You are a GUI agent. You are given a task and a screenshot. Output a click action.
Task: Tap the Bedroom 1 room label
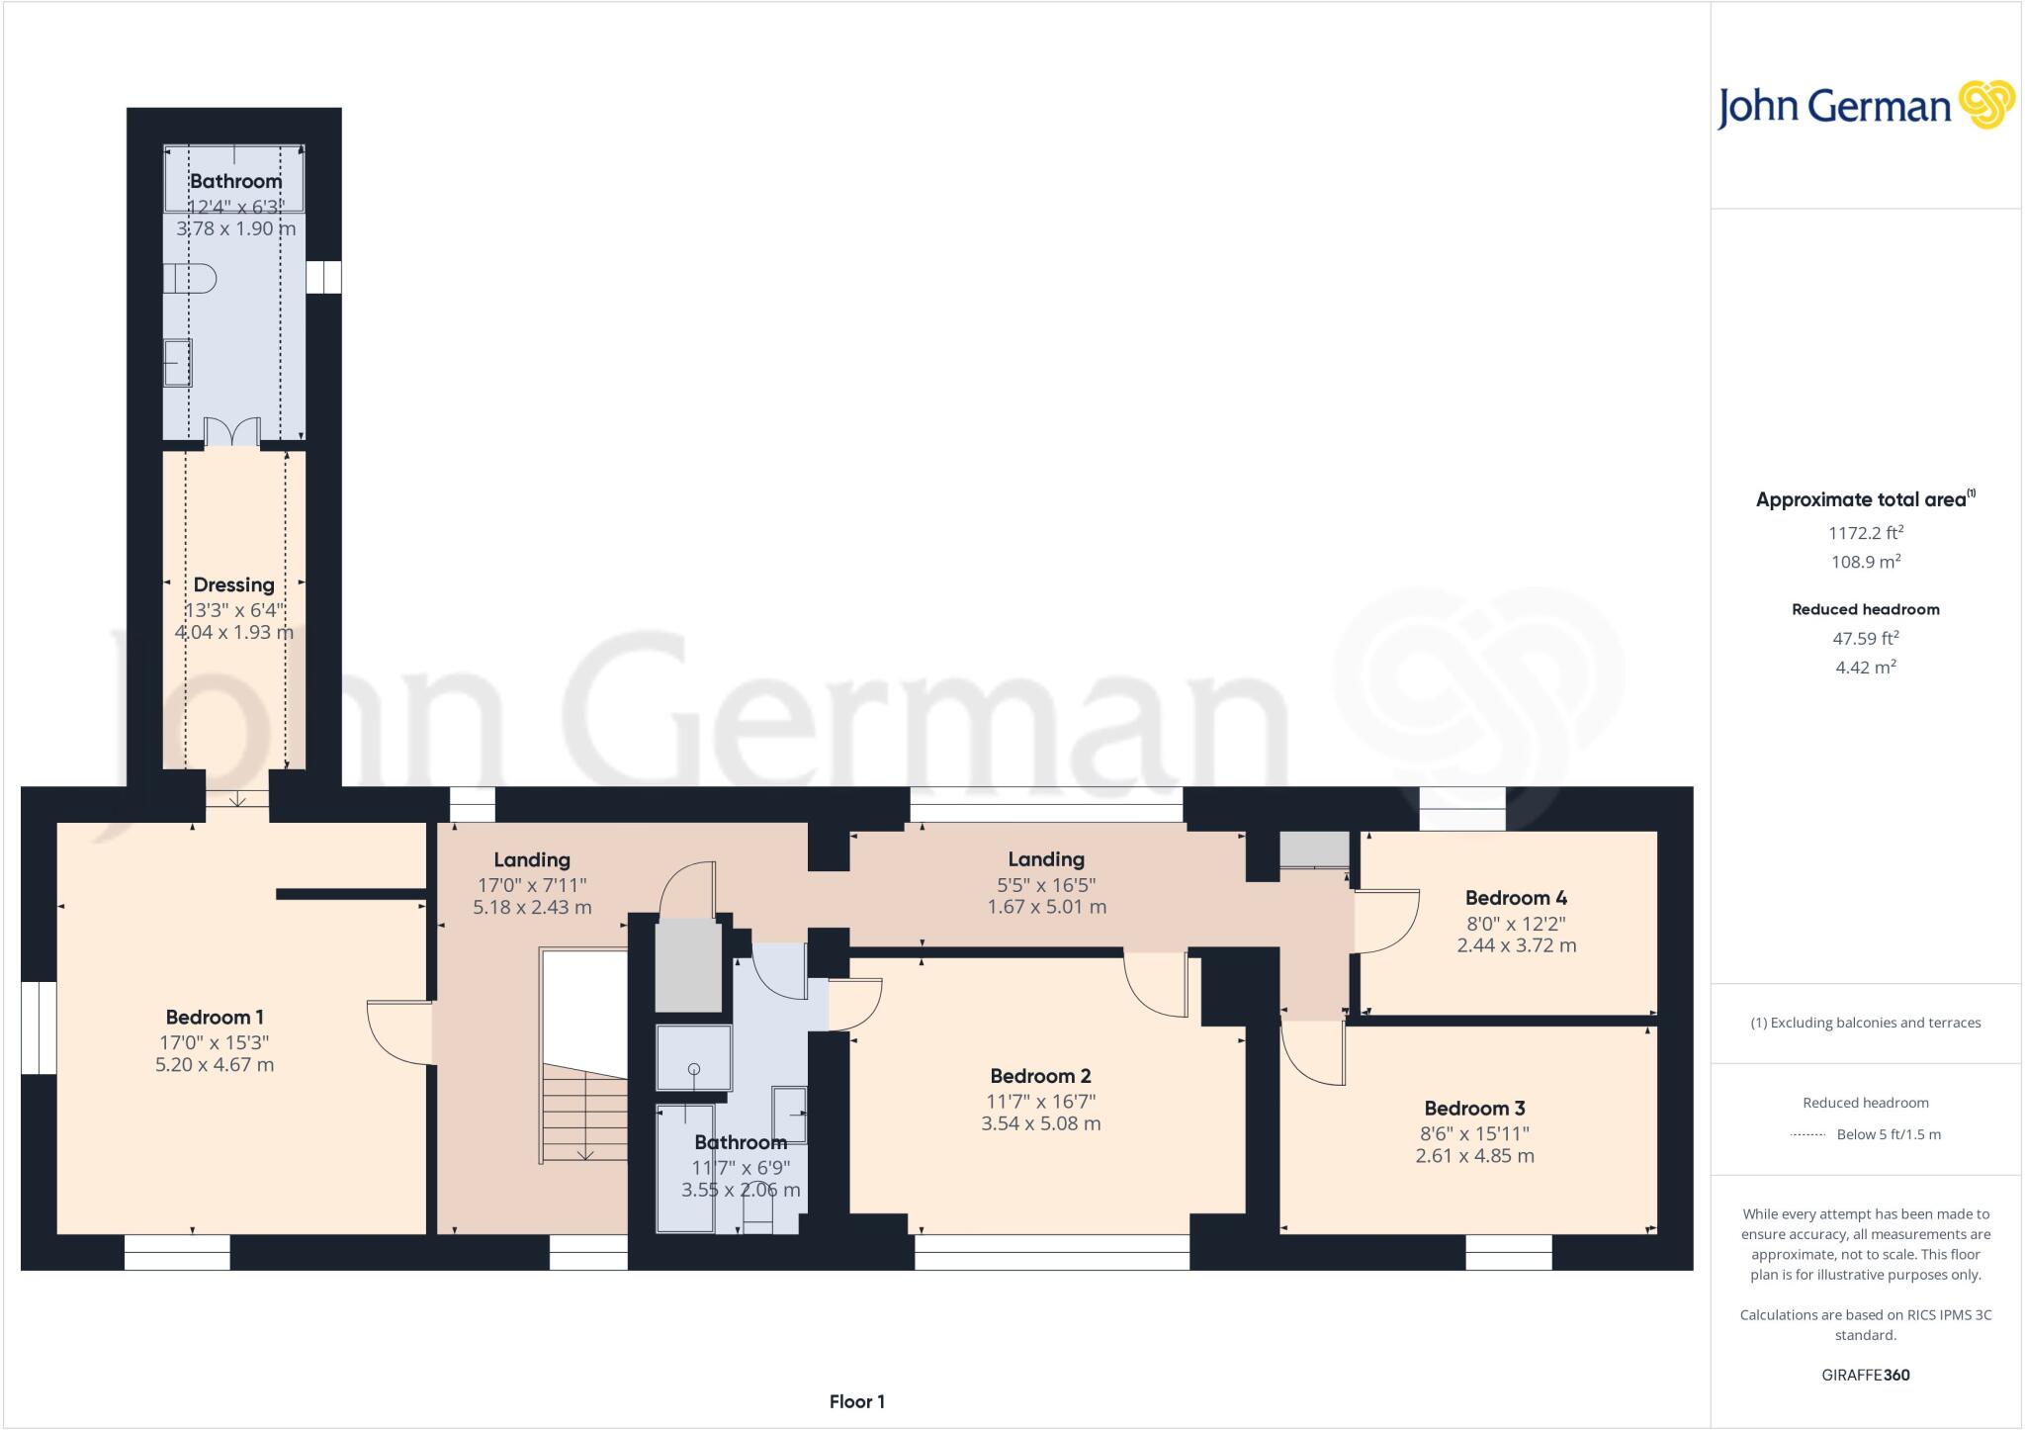215,1017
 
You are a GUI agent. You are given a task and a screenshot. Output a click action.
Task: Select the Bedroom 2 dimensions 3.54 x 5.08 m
1040,1123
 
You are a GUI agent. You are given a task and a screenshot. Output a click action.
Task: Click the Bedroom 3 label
1474,1109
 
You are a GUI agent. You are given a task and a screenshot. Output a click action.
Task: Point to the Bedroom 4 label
1515,898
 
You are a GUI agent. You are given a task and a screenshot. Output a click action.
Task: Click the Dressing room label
233,584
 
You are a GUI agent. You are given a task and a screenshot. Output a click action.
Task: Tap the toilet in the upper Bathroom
190,278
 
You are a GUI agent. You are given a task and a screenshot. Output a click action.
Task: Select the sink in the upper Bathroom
178,362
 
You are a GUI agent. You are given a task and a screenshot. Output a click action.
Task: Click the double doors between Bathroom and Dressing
232,433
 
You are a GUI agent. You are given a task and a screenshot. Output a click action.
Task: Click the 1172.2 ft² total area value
1865,533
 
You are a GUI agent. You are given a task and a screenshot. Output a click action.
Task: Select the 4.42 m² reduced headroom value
1865,668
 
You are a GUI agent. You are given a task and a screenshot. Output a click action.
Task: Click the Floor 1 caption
856,1401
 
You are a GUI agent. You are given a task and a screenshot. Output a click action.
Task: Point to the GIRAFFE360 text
1865,1375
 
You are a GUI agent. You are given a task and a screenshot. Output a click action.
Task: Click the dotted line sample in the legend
1807,1135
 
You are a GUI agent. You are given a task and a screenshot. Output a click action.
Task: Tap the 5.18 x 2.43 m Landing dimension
532,907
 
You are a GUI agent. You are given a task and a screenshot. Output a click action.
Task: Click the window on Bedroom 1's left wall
39,1027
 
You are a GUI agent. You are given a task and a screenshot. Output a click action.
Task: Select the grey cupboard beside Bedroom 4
1314,849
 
